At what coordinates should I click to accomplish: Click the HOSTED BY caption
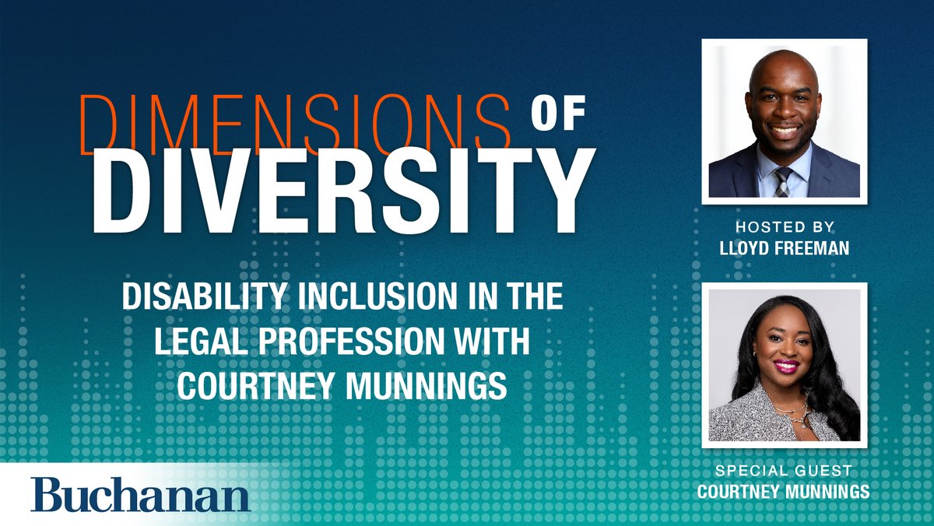tap(785, 226)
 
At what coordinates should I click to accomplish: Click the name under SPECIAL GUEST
tap(784, 491)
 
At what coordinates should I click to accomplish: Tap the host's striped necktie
tap(781, 182)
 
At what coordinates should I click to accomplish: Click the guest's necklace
tap(795, 412)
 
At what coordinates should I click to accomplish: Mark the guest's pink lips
tap(785, 365)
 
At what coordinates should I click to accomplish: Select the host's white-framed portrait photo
tap(785, 121)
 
